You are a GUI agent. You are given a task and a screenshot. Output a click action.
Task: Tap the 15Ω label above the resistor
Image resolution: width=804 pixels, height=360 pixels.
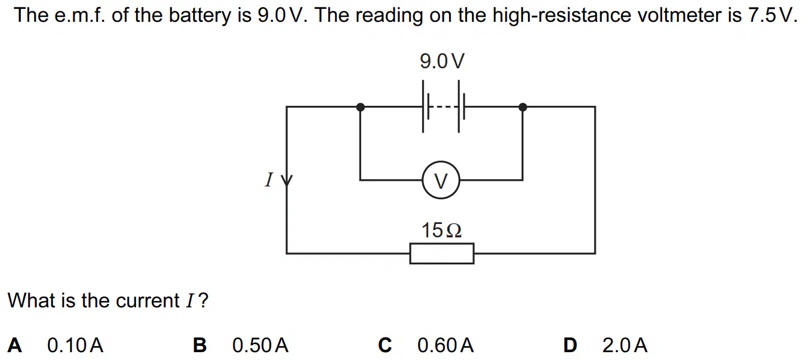[x=442, y=230]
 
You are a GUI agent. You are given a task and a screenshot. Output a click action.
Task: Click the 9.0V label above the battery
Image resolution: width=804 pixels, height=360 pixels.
[x=442, y=61]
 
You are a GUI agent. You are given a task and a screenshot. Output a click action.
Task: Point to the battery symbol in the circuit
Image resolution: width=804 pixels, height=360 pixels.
[x=443, y=106]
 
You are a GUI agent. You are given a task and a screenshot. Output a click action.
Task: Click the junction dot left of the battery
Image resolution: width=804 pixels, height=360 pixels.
[x=361, y=107]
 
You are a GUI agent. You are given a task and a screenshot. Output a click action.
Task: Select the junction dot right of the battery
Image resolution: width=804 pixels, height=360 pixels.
[x=523, y=107]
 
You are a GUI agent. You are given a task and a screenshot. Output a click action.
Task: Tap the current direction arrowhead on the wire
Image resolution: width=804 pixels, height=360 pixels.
[x=287, y=180]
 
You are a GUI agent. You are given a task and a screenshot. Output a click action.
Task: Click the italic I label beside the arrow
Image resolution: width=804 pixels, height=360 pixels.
[x=269, y=180]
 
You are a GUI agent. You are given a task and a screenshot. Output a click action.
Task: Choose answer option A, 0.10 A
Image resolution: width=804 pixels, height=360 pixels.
[x=75, y=345]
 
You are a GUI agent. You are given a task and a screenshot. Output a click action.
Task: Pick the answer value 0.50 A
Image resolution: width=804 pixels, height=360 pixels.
[x=260, y=345]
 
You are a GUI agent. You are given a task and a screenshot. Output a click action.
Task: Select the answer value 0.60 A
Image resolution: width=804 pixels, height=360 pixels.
[x=446, y=345]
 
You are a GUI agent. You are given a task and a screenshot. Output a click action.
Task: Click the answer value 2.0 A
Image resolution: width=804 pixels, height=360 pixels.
[x=625, y=345]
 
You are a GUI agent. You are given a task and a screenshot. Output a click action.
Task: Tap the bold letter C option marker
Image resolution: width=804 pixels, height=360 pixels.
[x=385, y=345]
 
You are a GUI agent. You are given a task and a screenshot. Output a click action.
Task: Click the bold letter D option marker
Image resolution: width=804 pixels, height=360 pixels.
[x=570, y=345]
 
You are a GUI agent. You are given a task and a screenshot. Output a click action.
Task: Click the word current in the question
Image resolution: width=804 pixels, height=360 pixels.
[x=147, y=301]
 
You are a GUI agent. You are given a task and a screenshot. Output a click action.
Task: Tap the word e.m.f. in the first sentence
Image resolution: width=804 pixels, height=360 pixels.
[x=80, y=16]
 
